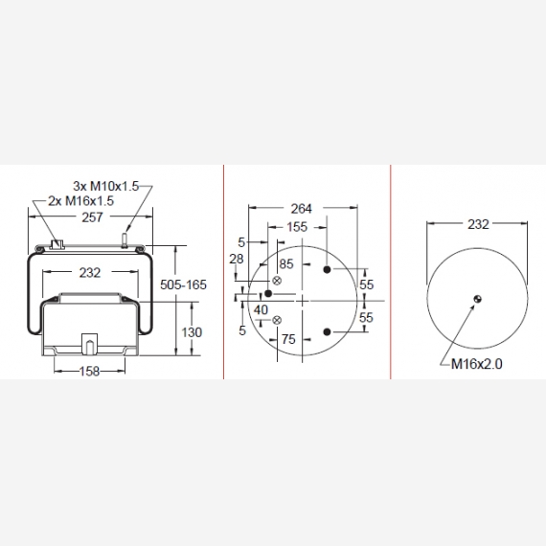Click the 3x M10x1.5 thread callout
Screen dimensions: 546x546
pyautogui.click(x=106, y=186)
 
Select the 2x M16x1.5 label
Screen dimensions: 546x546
pyautogui.click(x=80, y=201)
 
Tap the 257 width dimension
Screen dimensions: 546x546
pyautogui.click(x=92, y=217)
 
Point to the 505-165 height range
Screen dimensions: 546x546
pyautogui.click(x=183, y=284)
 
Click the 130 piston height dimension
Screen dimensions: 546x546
pyautogui.click(x=192, y=332)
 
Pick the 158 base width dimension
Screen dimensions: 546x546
pyautogui.click(x=89, y=372)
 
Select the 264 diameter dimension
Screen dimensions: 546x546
pyautogui.click(x=301, y=209)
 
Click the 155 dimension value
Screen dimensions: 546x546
pyautogui.click(x=297, y=227)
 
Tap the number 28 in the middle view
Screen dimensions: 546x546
pyautogui.click(x=236, y=259)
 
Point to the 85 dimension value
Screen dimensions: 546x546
pyautogui.click(x=286, y=264)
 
